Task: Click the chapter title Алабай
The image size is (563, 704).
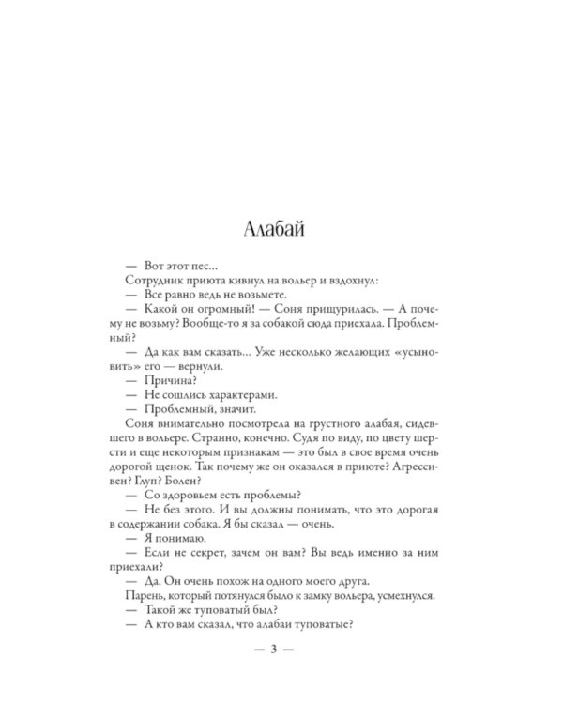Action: point(281,227)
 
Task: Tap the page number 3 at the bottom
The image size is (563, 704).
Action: point(281,648)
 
